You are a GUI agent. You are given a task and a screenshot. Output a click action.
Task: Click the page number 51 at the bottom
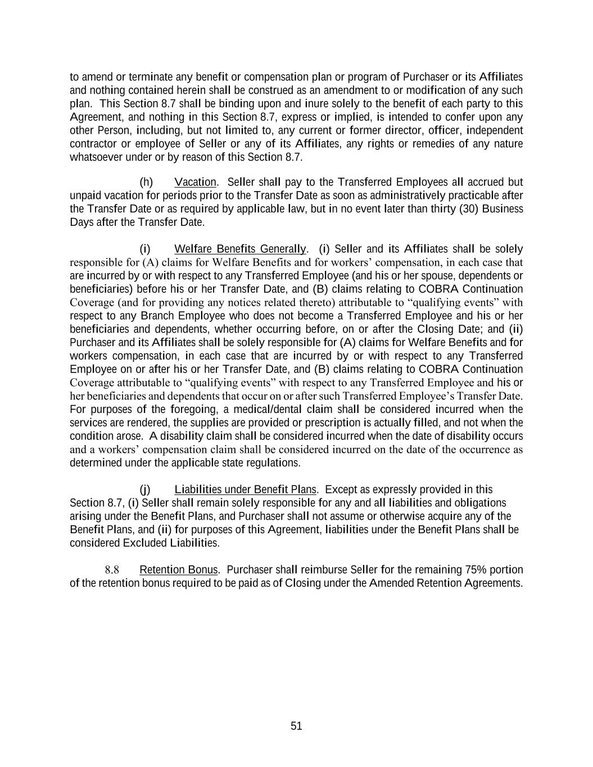click(296, 726)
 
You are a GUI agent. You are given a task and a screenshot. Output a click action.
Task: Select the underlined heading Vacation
click(195, 182)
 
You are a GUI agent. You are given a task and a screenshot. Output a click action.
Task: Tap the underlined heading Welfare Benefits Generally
click(241, 249)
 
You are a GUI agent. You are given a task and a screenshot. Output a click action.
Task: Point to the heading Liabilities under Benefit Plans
click(246, 489)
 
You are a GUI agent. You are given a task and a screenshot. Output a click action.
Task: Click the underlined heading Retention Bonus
click(179, 570)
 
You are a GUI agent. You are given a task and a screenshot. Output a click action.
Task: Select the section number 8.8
click(112, 570)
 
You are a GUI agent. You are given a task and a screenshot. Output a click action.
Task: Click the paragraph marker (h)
click(146, 182)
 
